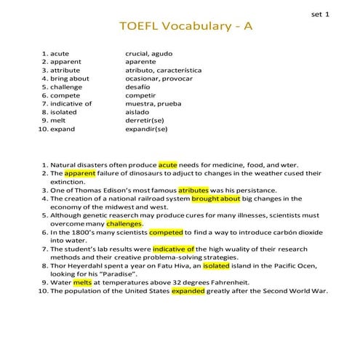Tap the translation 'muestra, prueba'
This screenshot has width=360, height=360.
pyautogui.click(x=153, y=103)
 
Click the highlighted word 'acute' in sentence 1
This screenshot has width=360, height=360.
pyautogui.click(x=168, y=165)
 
